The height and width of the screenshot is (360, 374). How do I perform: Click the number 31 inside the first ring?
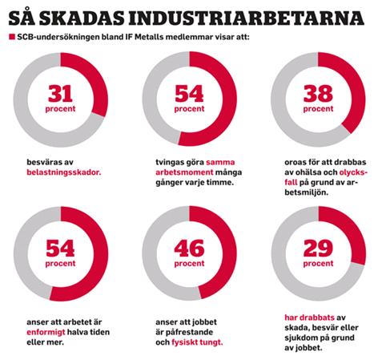click(x=60, y=94)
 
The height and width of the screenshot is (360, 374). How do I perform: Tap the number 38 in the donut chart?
click(x=318, y=94)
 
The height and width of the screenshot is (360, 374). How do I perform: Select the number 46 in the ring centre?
click(x=189, y=248)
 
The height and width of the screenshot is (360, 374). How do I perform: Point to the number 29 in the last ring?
click(x=318, y=248)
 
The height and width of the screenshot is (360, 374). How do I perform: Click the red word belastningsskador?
click(x=64, y=172)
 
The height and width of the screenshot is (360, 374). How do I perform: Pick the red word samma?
click(x=220, y=162)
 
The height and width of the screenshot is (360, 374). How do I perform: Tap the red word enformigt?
click(x=46, y=333)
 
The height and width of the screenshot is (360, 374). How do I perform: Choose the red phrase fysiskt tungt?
click(x=197, y=342)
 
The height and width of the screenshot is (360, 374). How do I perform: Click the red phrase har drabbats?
click(x=309, y=318)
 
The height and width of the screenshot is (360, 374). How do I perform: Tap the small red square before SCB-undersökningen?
click(x=12, y=37)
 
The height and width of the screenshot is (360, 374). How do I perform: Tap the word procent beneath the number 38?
click(x=318, y=109)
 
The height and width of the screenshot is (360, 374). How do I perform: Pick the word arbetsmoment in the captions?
click(x=184, y=172)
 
